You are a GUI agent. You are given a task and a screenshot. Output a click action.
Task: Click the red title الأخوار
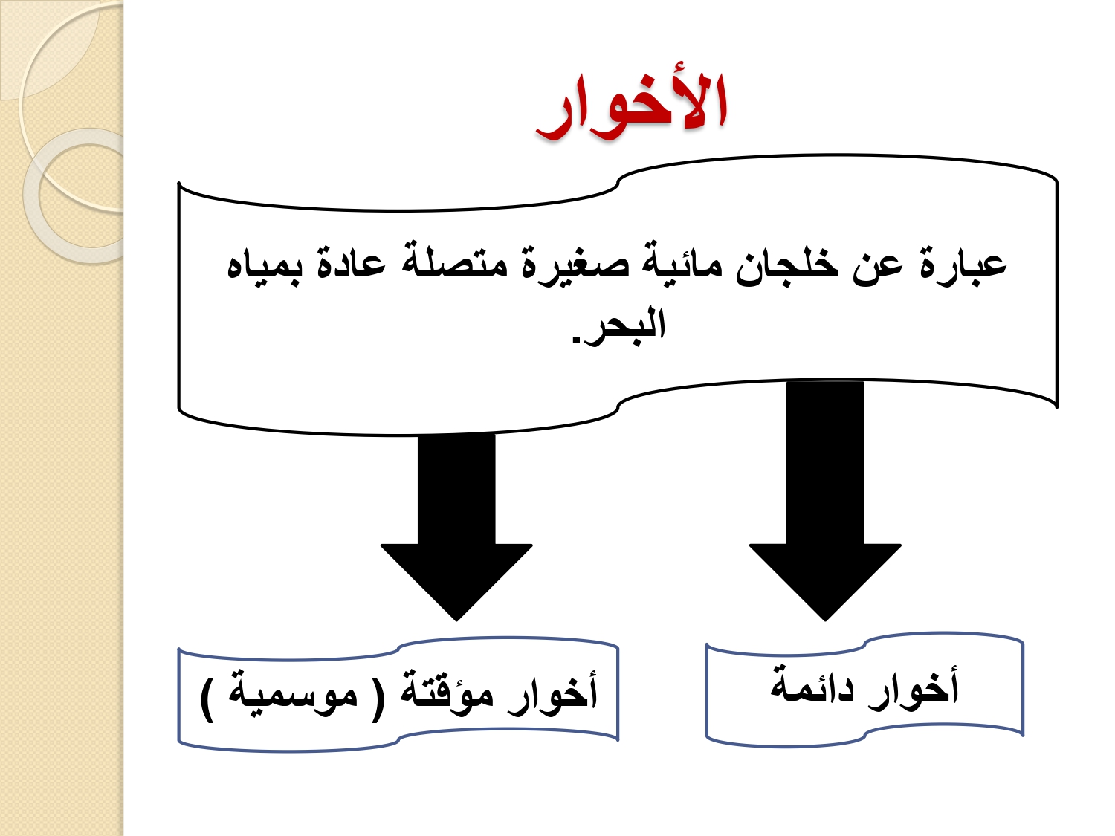[632, 107]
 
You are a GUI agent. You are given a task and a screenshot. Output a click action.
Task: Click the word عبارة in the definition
[963, 268]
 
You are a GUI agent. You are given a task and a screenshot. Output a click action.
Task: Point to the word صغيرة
[575, 268]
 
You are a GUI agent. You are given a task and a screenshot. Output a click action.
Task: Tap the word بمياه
[264, 268]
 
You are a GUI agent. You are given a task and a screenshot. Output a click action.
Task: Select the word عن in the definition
[879, 269]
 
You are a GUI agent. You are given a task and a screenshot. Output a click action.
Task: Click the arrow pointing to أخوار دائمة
[825, 500]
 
